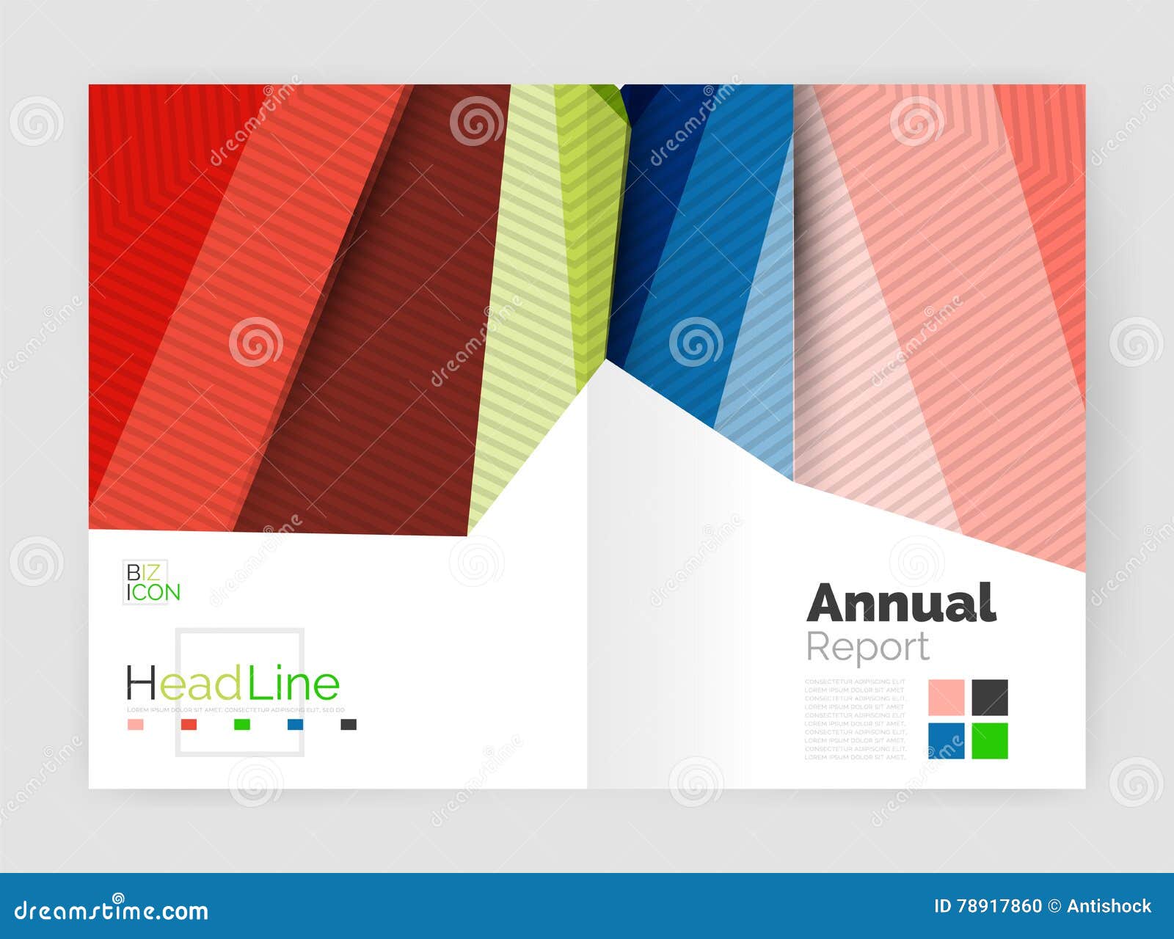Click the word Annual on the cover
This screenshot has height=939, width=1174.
(901, 603)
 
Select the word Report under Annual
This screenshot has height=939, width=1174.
(867, 647)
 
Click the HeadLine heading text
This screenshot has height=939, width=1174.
(233, 684)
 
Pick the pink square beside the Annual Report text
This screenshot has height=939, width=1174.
(946, 697)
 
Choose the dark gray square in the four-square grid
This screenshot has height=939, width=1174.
(990, 697)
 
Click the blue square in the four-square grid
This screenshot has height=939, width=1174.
(946, 741)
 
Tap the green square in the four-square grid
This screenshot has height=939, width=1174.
(990, 741)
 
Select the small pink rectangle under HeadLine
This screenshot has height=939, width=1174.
(135, 725)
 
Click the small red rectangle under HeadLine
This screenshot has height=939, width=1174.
(189, 725)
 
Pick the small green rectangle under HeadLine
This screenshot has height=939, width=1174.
(242, 725)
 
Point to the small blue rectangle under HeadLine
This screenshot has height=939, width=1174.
(295, 725)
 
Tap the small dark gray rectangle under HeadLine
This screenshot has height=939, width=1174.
(349, 725)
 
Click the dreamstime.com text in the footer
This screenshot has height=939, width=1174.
(112, 910)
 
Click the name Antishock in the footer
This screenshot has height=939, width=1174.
(1109, 907)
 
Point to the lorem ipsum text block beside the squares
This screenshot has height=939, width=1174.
(855, 719)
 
